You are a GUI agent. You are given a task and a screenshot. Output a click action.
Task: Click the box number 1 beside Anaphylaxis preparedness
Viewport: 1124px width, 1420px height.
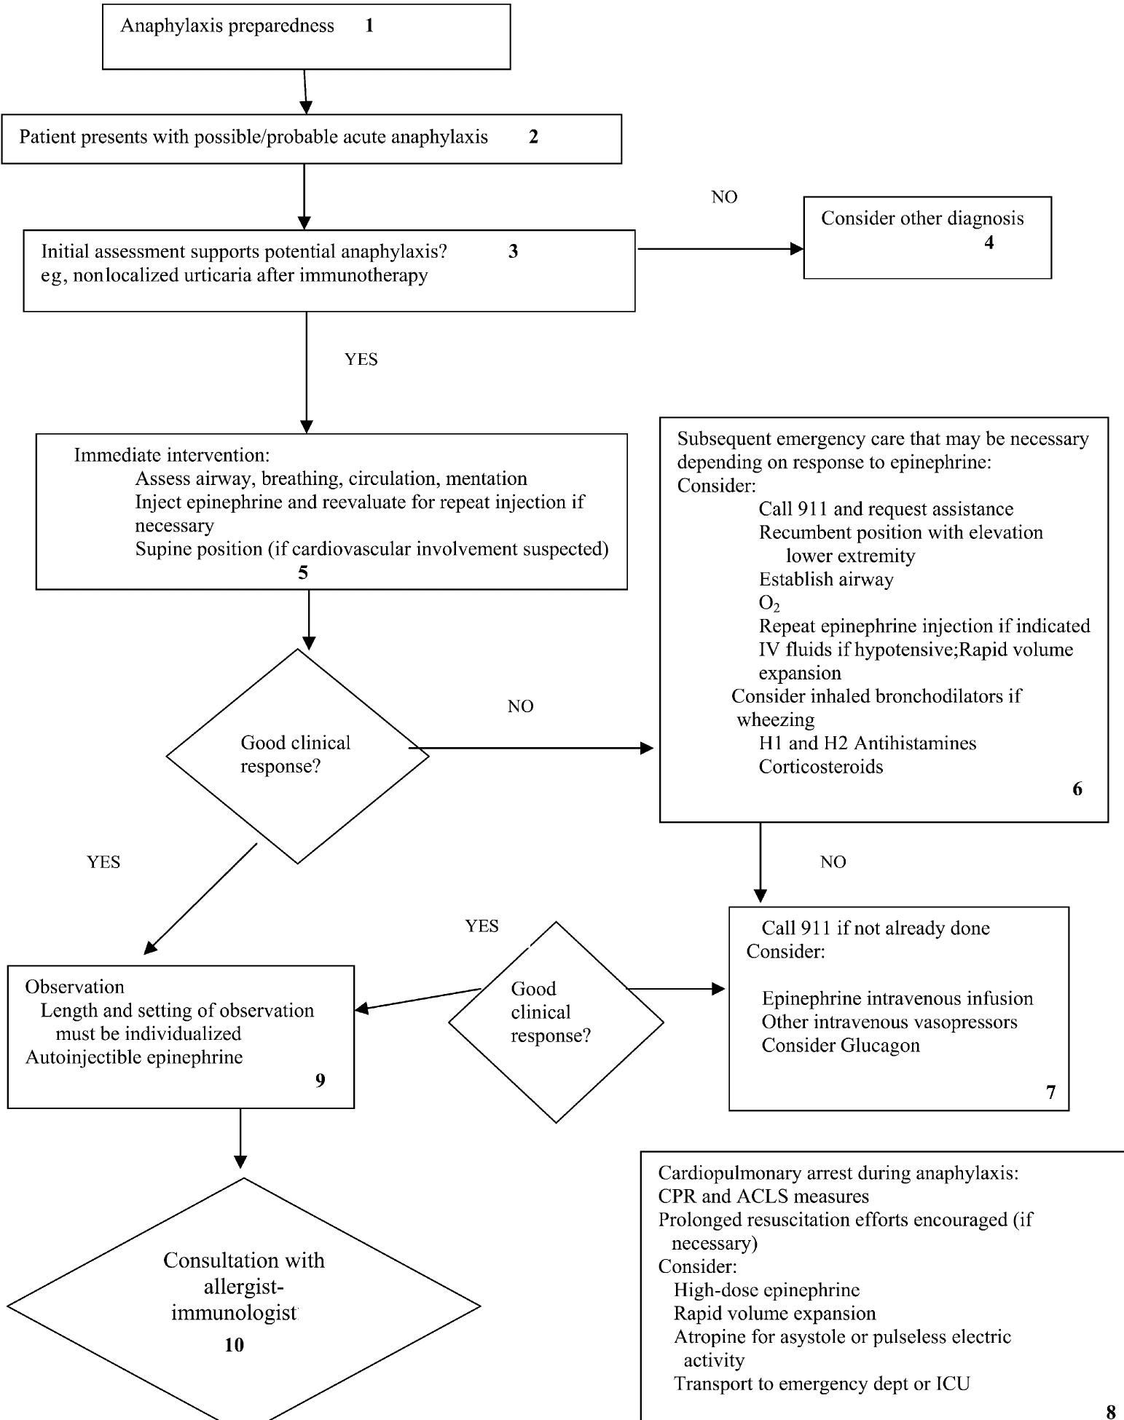point(369,26)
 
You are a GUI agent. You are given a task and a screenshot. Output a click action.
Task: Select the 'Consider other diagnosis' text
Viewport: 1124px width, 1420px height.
point(921,218)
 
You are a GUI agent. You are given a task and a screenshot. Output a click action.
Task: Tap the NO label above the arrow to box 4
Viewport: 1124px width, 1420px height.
point(724,197)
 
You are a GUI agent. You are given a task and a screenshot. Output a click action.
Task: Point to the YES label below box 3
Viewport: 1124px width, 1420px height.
point(361,359)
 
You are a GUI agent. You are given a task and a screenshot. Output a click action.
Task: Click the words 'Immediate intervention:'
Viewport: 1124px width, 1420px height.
point(172,455)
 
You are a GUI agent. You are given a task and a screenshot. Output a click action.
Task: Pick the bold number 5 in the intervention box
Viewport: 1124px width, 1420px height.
point(303,572)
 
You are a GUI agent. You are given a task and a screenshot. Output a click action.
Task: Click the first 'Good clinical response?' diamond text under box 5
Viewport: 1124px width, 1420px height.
point(295,754)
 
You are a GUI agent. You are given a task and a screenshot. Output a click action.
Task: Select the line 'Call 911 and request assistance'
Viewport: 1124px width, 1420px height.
point(885,509)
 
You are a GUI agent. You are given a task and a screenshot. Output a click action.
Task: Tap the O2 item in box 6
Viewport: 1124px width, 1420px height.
point(769,603)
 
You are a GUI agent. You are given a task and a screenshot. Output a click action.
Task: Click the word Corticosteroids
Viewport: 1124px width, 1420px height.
point(820,767)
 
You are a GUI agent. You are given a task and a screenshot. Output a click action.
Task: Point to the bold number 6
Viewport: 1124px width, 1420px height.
point(1077,789)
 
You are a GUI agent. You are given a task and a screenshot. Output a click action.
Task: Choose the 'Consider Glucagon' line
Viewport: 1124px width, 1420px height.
point(840,1046)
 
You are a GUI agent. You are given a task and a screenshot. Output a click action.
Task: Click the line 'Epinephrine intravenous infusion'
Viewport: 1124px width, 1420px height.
point(897,998)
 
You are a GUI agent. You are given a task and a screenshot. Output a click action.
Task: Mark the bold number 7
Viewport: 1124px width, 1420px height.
point(1050,1092)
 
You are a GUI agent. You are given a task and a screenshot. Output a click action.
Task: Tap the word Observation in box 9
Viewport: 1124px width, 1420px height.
point(74,987)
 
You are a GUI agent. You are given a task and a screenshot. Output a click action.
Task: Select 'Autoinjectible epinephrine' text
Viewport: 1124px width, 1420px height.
point(134,1057)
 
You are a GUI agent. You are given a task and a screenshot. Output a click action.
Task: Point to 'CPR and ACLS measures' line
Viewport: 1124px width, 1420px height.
point(763,1196)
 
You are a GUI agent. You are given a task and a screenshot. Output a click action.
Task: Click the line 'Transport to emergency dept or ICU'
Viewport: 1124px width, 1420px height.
point(821,1384)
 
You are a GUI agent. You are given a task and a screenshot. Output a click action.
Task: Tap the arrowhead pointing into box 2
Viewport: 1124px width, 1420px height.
point(306,108)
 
